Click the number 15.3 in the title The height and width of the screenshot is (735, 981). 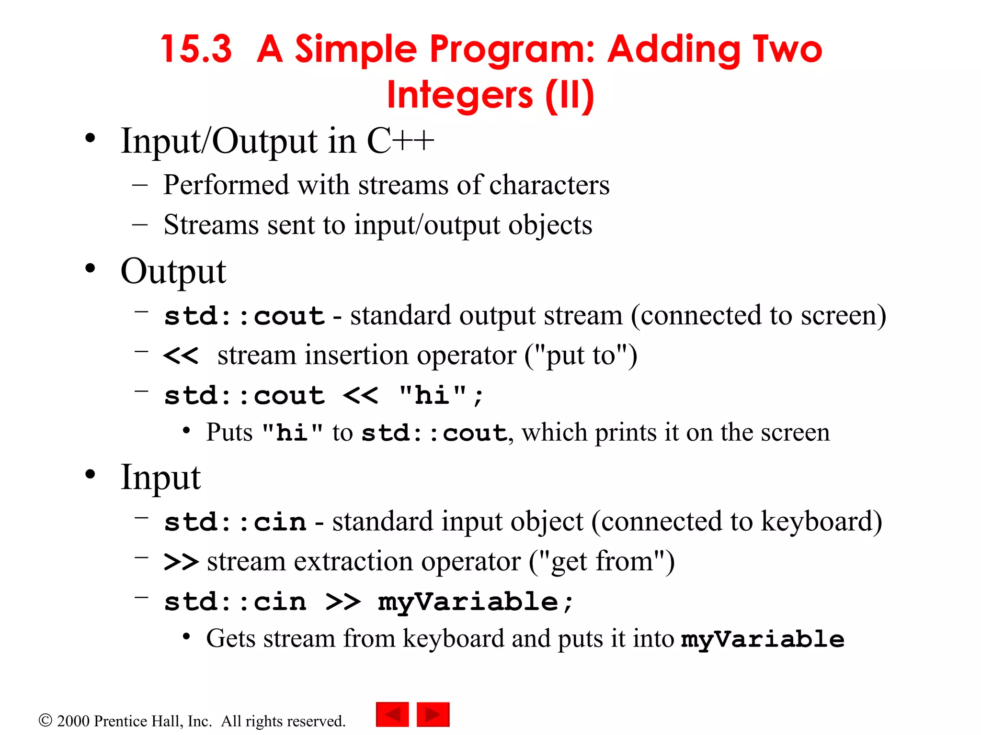pyautogui.click(x=196, y=49)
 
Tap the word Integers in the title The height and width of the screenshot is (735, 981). pyautogui.click(x=459, y=95)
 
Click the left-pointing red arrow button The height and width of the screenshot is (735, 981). pyautogui.click(x=392, y=714)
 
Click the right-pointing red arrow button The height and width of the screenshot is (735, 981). pyautogui.click(x=433, y=714)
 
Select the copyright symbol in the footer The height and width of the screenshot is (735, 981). pyautogui.click(x=45, y=720)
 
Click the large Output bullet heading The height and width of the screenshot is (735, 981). pyautogui.click(x=173, y=271)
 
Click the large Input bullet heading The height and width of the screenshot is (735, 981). pyautogui.click(x=160, y=477)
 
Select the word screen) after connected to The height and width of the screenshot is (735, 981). pyautogui.click(x=843, y=316)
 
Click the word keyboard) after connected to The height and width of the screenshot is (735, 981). pyautogui.click(x=821, y=522)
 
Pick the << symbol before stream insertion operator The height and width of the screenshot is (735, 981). pyautogui.click(x=181, y=356)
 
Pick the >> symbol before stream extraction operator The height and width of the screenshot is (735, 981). pyautogui.click(x=181, y=562)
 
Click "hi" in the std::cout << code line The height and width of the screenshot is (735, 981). pyautogui.click(x=432, y=396)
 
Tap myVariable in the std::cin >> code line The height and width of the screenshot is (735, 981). pyautogui.click(x=468, y=602)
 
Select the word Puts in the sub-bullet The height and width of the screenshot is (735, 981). pyautogui.click(x=229, y=433)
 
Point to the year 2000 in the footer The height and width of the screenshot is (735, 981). pyautogui.click(x=73, y=721)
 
